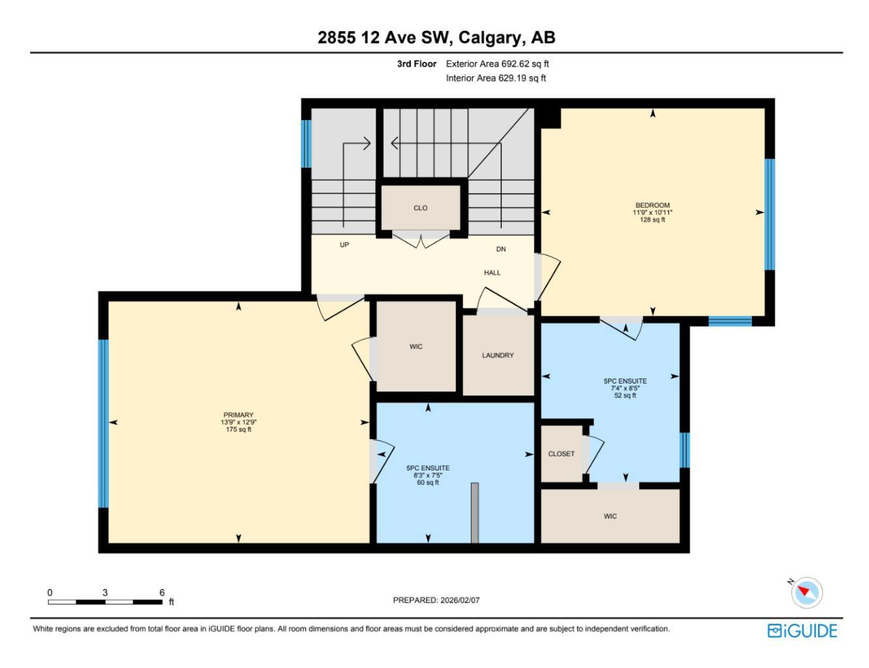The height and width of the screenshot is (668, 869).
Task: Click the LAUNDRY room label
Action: pos(498,356)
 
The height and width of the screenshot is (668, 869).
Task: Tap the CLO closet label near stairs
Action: pos(420,208)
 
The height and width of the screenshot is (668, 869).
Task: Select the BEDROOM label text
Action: pos(652,205)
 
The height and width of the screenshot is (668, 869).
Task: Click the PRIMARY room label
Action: pos(238,415)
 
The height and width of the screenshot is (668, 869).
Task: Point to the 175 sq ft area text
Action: pos(238,430)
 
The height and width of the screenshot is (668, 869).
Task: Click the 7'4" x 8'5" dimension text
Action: pos(625,388)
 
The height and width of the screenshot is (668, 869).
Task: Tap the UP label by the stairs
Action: pos(344,245)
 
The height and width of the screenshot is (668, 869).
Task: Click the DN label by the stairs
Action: pos(501,249)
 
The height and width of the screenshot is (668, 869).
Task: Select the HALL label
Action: pos(493,273)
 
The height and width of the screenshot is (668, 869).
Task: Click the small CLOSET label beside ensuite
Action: pos(561,454)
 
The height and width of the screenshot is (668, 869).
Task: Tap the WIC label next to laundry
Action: pos(416,346)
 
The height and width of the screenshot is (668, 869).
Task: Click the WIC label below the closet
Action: pos(610,517)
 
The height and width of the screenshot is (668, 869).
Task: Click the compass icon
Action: pos(807,592)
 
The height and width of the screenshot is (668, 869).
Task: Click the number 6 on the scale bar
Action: pos(162,592)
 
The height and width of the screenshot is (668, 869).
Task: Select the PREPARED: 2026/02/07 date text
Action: pos(436,600)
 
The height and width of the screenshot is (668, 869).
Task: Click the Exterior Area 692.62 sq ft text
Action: pos(498,64)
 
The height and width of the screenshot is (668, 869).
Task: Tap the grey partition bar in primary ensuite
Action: pos(474,513)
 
